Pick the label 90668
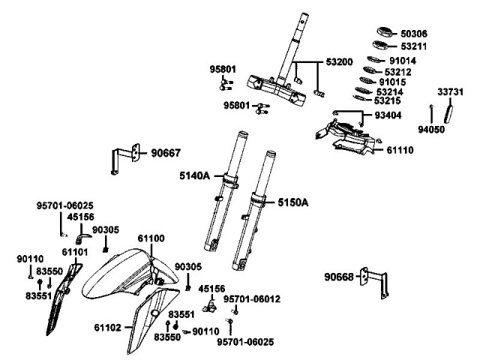[340, 277]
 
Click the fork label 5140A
[194, 176]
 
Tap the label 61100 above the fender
[151, 238]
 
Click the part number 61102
[109, 327]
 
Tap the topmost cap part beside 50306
[386, 32]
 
